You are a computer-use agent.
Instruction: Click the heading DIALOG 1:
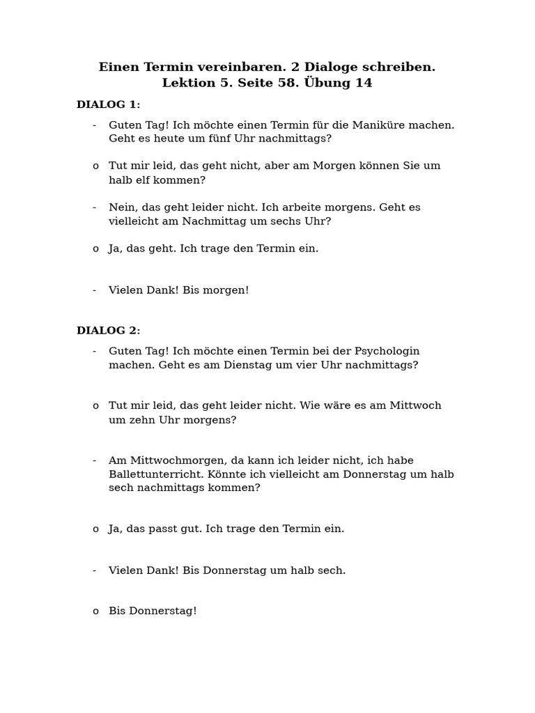click(x=108, y=104)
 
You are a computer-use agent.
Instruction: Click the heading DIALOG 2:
click(x=108, y=331)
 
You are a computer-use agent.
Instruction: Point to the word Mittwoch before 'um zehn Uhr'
click(x=415, y=406)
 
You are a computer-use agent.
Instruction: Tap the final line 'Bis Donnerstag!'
click(x=153, y=611)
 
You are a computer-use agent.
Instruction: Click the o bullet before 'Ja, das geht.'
click(x=95, y=249)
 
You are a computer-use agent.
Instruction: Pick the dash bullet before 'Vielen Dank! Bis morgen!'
click(x=94, y=290)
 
